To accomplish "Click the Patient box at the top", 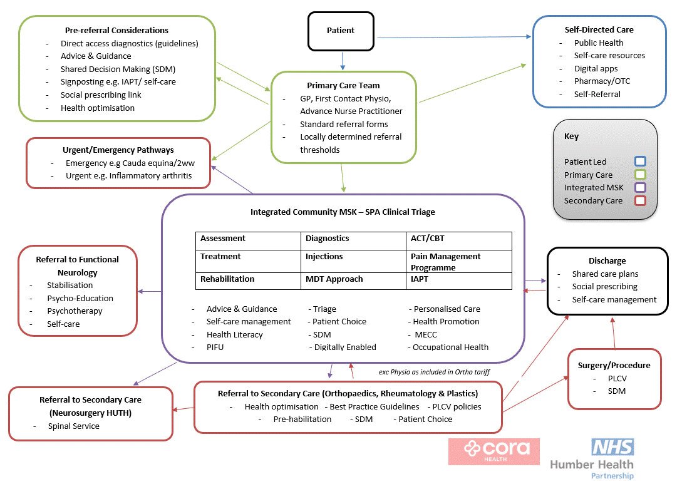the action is (x=341, y=31).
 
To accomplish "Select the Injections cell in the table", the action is (x=353, y=261).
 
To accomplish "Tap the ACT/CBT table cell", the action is (x=459, y=241).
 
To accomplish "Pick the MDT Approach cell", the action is (x=353, y=281).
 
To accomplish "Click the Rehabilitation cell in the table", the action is (x=248, y=281).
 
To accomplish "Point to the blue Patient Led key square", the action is (x=640, y=162).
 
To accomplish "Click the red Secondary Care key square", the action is (x=640, y=200).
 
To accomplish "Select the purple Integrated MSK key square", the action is (x=640, y=187).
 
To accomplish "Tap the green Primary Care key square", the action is (x=640, y=174).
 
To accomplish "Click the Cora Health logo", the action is (x=494, y=451).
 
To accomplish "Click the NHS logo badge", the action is (x=612, y=447).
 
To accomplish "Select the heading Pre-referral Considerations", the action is (x=116, y=31).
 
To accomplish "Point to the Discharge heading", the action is (x=607, y=261).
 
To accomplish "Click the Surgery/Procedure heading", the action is (x=614, y=366).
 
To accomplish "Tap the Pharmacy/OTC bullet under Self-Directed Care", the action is (x=602, y=81).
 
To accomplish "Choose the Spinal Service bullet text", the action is (x=74, y=426).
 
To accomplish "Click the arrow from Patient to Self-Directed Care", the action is (x=454, y=37).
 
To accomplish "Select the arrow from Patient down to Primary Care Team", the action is (x=343, y=61).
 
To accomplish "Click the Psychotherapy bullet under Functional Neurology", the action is (x=75, y=311).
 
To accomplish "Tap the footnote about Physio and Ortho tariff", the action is (x=434, y=372).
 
